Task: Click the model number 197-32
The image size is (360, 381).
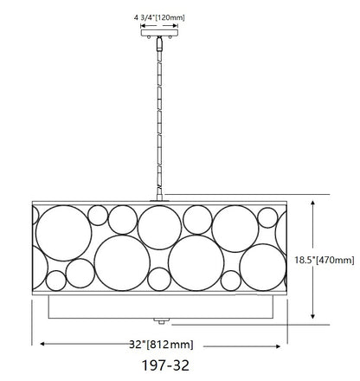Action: pos(165,365)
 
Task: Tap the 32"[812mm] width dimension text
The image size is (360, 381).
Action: pos(161,345)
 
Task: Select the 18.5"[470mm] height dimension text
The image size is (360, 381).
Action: pos(325,260)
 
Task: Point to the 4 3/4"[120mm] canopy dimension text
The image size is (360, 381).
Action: pos(159,17)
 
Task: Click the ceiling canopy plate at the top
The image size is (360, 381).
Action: pos(159,33)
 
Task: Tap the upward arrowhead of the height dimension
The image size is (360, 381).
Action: pos(312,203)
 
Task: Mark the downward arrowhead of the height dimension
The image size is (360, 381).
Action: pos(312,316)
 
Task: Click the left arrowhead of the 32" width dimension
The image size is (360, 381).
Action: pos(42,344)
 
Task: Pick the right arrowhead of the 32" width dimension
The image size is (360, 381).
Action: pos(278,346)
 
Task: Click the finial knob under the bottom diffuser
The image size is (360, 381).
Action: pos(162,321)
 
